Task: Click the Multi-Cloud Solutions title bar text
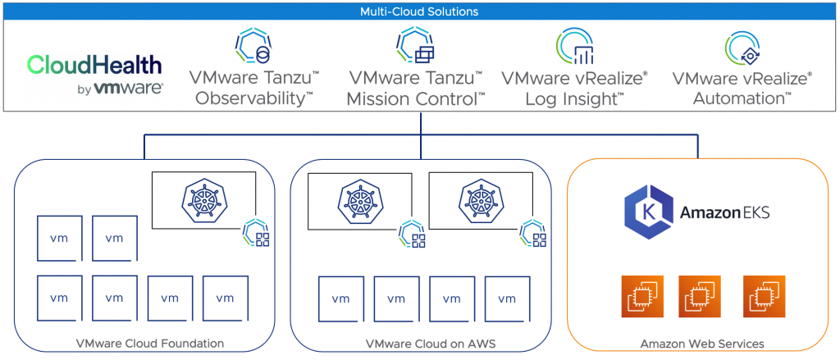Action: tap(419, 11)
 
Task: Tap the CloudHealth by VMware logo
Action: tap(94, 75)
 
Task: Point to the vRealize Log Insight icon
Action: tap(574, 46)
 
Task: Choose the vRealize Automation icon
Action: tap(742, 48)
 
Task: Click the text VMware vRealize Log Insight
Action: tap(574, 89)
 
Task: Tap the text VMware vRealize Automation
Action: tap(742, 89)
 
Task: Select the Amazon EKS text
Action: tap(724, 213)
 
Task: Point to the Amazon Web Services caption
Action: tap(702, 344)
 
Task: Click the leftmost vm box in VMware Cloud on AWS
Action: tap(341, 298)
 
